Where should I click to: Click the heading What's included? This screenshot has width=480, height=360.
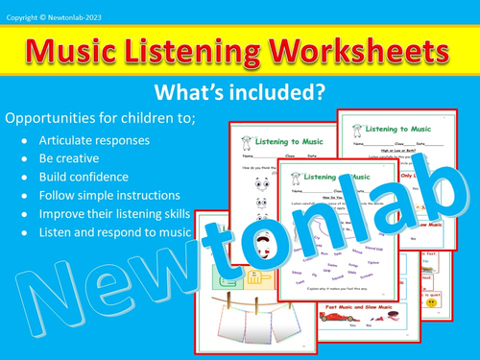point(239,93)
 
